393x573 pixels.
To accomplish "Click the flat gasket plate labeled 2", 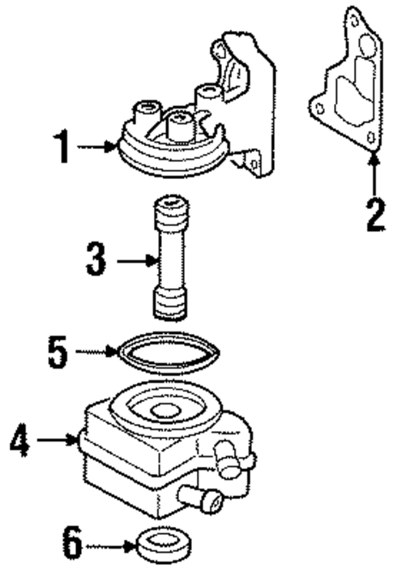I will [x=344, y=89].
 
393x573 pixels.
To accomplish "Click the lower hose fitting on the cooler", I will [x=203, y=499].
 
